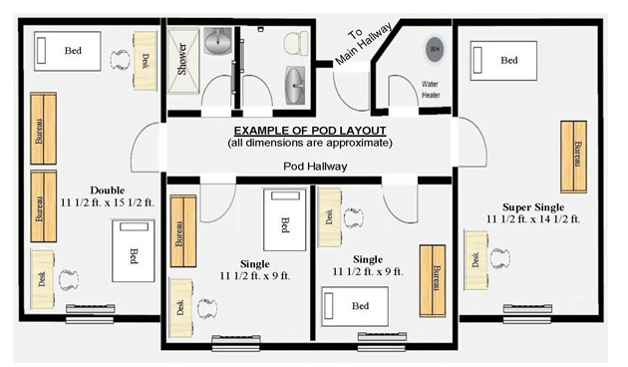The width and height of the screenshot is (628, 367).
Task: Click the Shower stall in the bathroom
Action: click(183, 61)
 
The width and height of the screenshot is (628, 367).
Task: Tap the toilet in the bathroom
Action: click(296, 43)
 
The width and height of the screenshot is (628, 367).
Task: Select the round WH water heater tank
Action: click(435, 50)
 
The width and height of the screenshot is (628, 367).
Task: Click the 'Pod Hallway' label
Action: click(315, 167)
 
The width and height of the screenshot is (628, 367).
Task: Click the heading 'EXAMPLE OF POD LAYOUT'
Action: click(310, 131)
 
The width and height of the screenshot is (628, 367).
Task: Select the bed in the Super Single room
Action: click(503, 61)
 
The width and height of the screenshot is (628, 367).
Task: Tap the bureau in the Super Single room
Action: click(573, 157)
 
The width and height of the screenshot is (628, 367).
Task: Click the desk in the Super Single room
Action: click(475, 260)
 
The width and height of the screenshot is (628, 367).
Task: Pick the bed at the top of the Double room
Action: click(68, 51)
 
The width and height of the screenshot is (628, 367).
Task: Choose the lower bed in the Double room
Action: click(134, 250)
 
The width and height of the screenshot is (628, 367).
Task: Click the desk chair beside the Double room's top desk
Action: click(121, 60)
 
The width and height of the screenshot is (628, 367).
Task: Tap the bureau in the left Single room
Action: click(183, 231)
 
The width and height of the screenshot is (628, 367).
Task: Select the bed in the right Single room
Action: click(355, 306)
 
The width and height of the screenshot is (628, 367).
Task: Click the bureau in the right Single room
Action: click(433, 281)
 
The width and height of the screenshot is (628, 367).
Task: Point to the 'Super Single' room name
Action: click(533, 207)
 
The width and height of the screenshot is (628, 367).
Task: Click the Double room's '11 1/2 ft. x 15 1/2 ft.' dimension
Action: click(108, 202)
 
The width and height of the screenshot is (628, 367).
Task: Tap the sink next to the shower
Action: click(218, 41)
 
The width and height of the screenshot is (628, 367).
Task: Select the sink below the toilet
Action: click(295, 86)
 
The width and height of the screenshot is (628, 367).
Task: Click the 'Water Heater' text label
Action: click(431, 90)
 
